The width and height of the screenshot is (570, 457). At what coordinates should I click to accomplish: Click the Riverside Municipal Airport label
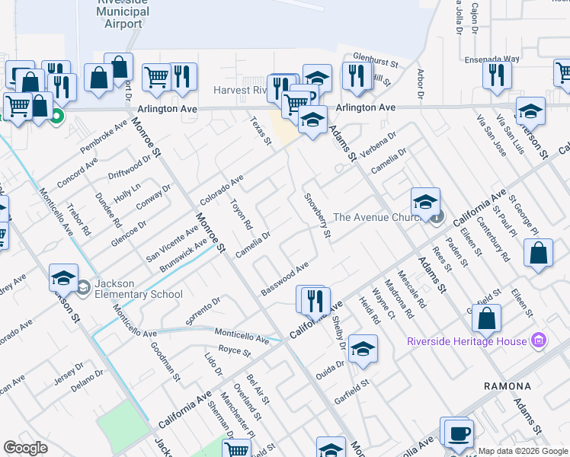[120, 12]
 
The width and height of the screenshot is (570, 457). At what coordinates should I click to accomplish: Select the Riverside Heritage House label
[466, 340]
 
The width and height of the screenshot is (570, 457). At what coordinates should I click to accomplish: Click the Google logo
[26, 448]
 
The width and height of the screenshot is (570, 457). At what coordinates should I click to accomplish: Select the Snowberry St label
[316, 216]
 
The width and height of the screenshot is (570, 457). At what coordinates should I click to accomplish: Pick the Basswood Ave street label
[284, 280]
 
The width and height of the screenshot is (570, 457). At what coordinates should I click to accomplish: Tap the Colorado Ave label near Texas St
[221, 190]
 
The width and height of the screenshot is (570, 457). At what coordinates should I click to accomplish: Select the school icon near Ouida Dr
[363, 349]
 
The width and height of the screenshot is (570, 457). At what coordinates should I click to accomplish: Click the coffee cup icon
[458, 433]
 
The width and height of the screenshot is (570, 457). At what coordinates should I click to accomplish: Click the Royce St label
[234, 351]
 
